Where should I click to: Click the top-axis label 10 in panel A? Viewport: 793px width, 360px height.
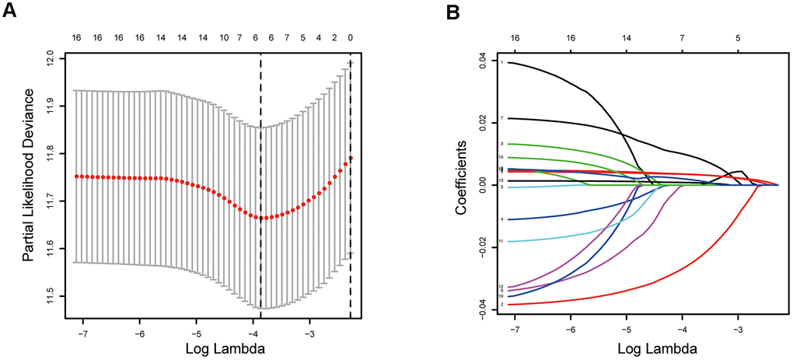click(x=224, y=37)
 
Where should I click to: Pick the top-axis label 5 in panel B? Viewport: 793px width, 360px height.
click(x=739, y=37)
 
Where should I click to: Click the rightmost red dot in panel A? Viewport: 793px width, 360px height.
click(x=351, y=158)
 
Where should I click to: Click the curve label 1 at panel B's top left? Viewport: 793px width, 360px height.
click(x=502, y=61)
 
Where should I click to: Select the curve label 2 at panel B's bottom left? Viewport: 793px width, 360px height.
click(x=502, y=305)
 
